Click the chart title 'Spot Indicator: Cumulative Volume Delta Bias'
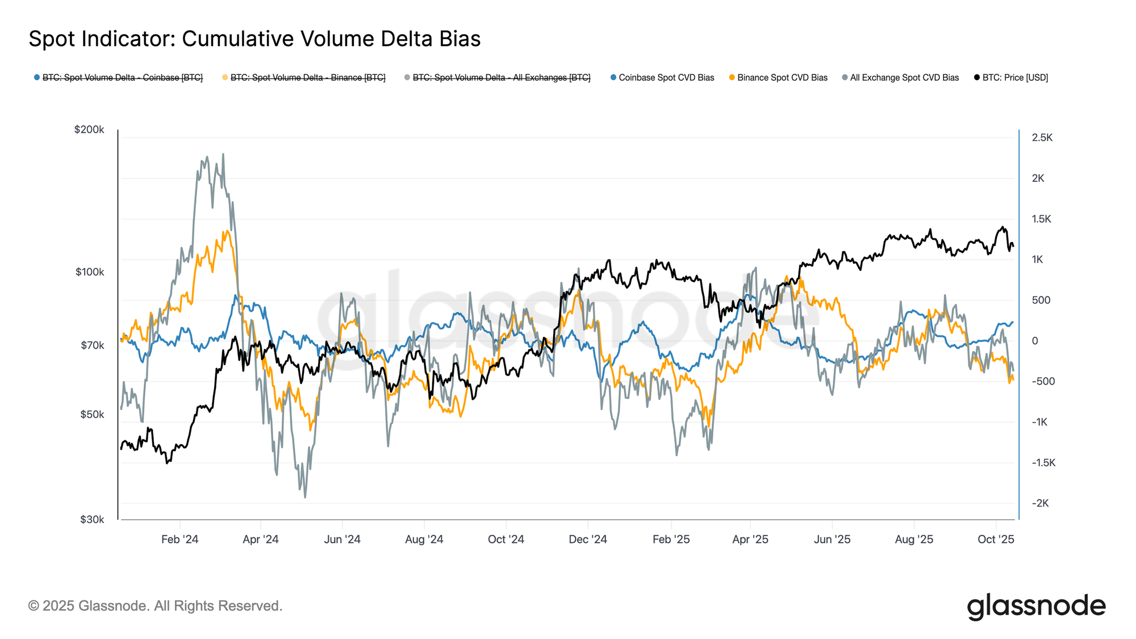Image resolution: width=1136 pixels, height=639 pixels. pyautogui.click(x=254, y=39)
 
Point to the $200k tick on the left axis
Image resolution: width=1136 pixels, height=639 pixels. pyautogui.click(x=89, y=130)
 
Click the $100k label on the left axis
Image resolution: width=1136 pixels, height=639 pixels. pyautogui.click(x=90, y=272)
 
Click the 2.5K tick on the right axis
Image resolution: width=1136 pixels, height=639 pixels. pyautogui.click(x=1042, y=137)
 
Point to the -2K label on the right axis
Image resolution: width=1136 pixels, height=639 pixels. pyautogui.click(x=1041, y=503)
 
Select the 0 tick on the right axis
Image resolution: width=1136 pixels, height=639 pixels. pyautogui.click(x=1035, y=341)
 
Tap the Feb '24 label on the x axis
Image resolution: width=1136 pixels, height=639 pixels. pyautogui.click(x=179, y=540)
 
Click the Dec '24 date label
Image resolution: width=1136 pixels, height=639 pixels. pyautogui.click(x=588, y=540)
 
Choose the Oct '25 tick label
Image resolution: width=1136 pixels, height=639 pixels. pyautogui.click(x=996, y=540)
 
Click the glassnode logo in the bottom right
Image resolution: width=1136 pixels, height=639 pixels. pyautogui.click(x=1036, y=606)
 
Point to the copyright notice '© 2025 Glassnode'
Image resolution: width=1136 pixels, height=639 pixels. pyautogui.click(x=155, y=606)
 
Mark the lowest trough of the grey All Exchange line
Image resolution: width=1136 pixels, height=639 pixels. pyautogui.click(x=305, y=498)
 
